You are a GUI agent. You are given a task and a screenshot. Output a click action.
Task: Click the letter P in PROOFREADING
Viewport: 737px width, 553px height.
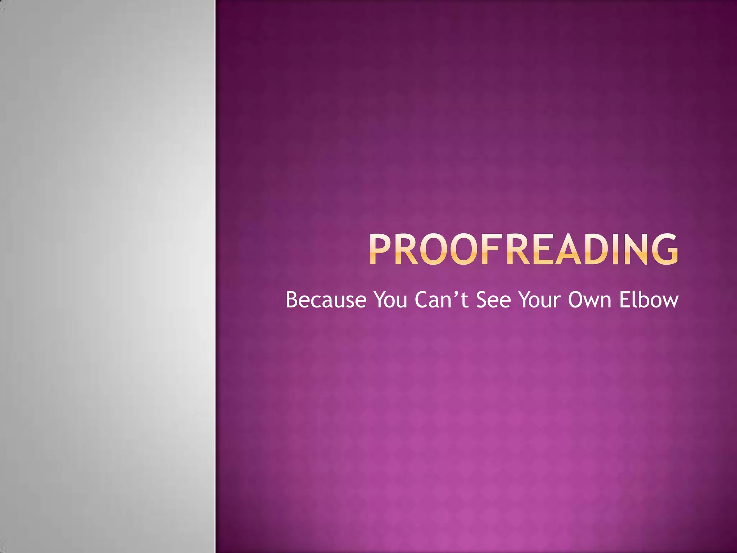(x=380, y=249)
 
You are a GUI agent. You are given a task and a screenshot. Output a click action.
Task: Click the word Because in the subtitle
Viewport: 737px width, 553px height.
(x=326, y=300)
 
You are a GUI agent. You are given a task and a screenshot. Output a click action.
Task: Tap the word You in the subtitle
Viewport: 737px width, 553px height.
(x=390, y=300)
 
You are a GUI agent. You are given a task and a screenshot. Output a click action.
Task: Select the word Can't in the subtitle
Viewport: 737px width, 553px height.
(x=442, y=300)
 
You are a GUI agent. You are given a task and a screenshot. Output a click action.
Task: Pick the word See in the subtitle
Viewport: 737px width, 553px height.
(x=493, y=300)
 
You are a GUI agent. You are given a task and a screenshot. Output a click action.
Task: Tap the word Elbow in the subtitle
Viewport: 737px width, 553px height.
(x=648, y=300)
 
